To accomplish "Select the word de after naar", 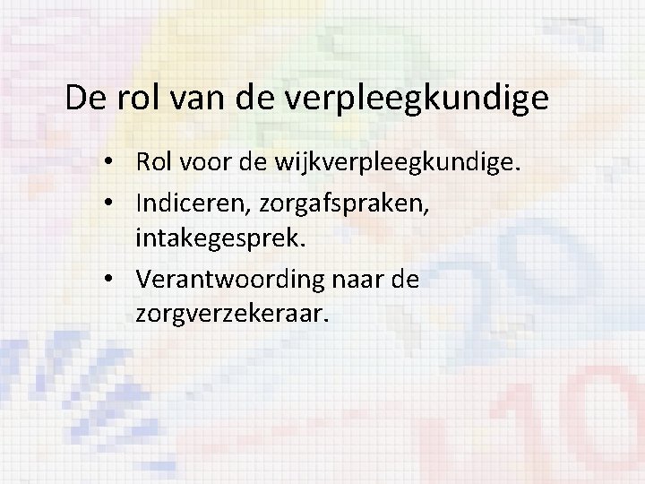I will click(x=404, y=280).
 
